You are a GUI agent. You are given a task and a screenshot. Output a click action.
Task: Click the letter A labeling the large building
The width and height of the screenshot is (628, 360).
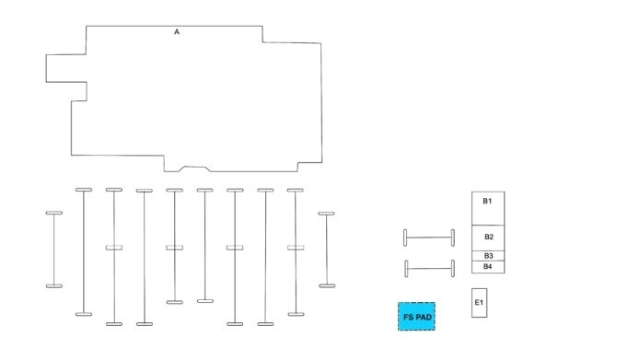click(177, 32)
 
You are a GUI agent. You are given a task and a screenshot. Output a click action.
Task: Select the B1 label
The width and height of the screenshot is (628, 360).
click(487, 201)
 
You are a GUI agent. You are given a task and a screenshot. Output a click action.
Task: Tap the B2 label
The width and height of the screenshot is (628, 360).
click(488, 238)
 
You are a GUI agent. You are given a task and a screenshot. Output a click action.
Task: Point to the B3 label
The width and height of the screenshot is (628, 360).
click(488, 255)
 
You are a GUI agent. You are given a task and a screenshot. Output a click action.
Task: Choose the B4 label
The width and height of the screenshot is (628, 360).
click(488, 266)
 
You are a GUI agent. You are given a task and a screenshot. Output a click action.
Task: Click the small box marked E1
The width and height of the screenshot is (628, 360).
click(479, 303)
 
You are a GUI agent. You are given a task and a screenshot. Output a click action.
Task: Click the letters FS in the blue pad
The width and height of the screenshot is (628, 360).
click(408, 318)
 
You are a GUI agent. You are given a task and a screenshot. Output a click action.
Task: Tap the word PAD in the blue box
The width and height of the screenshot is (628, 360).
click(423, 318)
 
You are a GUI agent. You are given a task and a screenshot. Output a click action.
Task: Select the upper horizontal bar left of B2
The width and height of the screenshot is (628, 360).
click(429, 238)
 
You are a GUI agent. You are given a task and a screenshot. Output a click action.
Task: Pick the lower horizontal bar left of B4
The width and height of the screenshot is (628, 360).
click(429, 269)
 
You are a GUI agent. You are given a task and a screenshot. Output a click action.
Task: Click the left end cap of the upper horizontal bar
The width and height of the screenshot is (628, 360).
click(405, 238)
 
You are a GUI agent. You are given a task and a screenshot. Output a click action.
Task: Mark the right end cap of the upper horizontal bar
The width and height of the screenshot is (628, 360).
click(453, 238)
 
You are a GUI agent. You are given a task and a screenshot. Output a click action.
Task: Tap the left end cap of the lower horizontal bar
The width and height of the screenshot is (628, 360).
click(405, 269)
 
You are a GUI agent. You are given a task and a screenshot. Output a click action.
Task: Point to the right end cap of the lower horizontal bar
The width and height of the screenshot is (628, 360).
click(453, 269)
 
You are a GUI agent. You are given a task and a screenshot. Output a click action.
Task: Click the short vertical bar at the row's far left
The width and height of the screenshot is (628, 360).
click(54, 250)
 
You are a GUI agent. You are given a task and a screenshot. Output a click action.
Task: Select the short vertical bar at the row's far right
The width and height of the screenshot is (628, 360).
click(326, 250)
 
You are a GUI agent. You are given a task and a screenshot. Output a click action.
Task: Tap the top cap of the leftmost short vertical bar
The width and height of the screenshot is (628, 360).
click(54, 214)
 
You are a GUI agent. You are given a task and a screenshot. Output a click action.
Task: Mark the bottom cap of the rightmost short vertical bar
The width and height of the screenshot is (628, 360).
click(326, 285)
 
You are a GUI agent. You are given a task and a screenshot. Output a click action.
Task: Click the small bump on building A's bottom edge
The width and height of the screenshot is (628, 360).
click(194, 168)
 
